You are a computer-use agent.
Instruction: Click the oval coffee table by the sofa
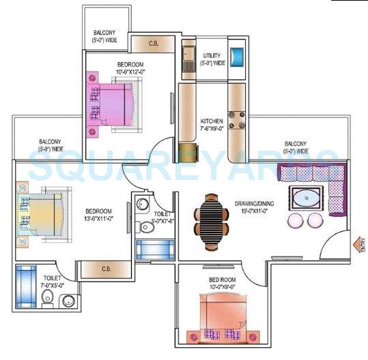[305, 198]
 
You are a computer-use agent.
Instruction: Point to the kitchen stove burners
[236, 119]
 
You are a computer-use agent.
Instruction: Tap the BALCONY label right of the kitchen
[295, 147]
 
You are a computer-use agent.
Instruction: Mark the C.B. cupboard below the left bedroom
[106, 269]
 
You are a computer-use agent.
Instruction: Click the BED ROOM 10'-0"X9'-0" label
[223, 283]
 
